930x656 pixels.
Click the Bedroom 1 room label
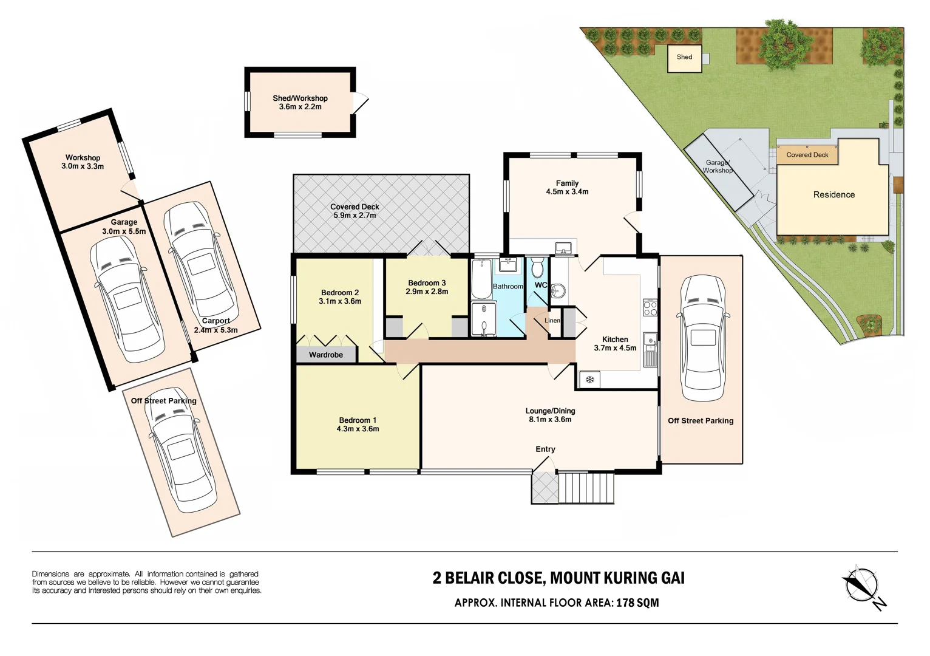pyautogui.click(x=358, y=420)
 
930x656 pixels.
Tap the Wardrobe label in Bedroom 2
pyautogui.click(x=326, y=355)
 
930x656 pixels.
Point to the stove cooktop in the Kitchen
pyautogui.click(x=650, y=308)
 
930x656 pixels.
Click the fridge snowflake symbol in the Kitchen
pyautogui.click(x=589, y=380)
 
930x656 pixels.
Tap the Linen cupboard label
pyautogui.click(x=552, y=321)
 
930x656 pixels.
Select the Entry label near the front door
pyautogui.click(x=545, y=449)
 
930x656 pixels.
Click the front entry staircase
pyautogui.click(x=586, y=487)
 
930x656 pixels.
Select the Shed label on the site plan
pyautogui.click(x=684, y=57)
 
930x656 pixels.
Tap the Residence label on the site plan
pyautogui.click(x=833, y=195)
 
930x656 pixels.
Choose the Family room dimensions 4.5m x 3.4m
pyautogui.click(x=567, y=191)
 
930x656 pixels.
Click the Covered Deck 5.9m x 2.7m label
pyautogui.click(x=355, y=211)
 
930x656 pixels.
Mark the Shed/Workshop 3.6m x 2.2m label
pyautogui.click(x=300, y=102)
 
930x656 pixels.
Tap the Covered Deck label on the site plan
pyautogui.click(x=807, y=155)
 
